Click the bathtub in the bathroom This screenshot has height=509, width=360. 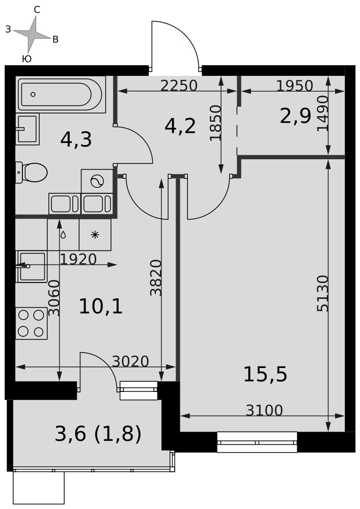click(x=61, y=95)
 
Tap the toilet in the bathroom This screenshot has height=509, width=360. click(x=32, y=173)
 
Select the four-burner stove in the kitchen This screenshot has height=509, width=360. click(x=32, y=323)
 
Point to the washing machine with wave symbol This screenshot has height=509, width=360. click(x=97, y=181)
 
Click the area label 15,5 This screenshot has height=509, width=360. click(x=265, y=374)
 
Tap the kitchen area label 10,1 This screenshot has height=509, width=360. click(x=101, y=306)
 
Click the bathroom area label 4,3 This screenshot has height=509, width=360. click(x=76, y=140)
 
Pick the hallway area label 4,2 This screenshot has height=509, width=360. click(x=180, y=126)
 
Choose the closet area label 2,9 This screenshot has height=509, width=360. click(x=295, y=116)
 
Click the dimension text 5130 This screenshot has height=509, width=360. click(x=323, y=294)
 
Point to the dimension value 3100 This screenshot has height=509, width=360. click(x=264, y=410)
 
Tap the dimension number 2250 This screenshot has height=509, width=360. click(x=179, y=86)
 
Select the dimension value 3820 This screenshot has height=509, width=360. click(x=156, y=278)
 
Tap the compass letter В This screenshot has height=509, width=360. click(x=56, y=40)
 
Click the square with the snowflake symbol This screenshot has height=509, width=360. click(x=95, y=235)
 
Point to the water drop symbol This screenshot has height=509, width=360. click(x=63, y=234)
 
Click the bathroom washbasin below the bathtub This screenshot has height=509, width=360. click(x=27, y=129)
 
